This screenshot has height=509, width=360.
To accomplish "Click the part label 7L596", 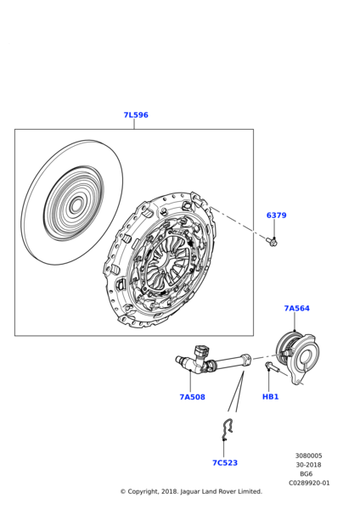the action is point(136,115).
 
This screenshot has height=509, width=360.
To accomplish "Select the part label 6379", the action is point(277,215).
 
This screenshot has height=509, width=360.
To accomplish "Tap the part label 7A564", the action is point(297,308).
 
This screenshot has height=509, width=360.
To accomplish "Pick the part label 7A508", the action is point(193,397).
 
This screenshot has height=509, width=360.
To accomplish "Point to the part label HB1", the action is point(270,397).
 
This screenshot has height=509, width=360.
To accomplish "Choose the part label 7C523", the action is point(225,462).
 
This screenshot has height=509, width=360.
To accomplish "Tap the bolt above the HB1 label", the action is point(273,367).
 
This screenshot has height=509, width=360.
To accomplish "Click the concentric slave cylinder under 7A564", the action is point(297,357).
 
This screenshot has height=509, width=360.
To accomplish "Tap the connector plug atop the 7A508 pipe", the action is point(200,352).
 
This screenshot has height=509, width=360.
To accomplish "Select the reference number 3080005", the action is point(309,456).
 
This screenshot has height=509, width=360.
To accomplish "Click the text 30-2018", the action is point(308,465).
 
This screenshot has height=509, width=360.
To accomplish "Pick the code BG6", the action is point(306,474).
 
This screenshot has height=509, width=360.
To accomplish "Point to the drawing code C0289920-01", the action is point(309,483).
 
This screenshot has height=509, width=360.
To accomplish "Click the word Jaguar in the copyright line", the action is point(189,492).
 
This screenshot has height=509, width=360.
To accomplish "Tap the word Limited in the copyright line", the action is point(250,491).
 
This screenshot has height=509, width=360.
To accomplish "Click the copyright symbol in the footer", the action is point(123,492).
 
